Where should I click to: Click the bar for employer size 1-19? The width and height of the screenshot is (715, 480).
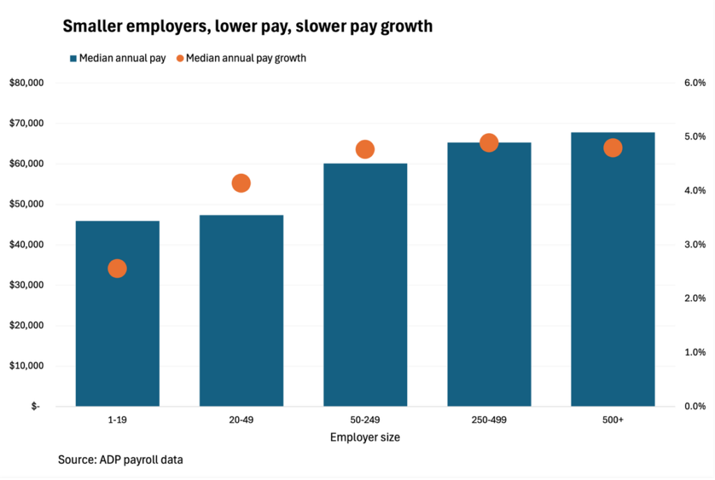[x=117, y=313]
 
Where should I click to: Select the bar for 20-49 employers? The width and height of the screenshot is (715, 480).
[x=241, y=310]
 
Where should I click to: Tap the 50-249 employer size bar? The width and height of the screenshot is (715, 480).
[x=365, y=285]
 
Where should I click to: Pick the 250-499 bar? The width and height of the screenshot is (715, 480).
[x=489, y=274]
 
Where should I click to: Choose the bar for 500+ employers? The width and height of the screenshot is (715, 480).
[x=613, y=269]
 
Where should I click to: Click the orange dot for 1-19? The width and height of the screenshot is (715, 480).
[x=117, y=268]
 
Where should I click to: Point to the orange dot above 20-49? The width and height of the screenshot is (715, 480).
[x=241, y=183]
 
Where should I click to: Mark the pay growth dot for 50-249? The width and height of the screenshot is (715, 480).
[x=364, y=149]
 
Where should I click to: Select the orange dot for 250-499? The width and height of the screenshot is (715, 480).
[x=489, y=143]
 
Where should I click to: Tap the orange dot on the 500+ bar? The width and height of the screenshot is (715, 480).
[x=613, y=147]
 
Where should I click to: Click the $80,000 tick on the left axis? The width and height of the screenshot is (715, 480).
[x=27, y=83]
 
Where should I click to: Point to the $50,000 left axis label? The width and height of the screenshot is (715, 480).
[x=27, y=204]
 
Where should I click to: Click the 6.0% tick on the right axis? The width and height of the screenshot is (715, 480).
[x=695, y=82]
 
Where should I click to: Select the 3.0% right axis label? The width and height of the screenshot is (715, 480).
[x=695, y=245]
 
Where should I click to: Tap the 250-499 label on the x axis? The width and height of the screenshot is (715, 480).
[x=489, y=420]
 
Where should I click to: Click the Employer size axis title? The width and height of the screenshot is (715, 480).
[x=364, y=437]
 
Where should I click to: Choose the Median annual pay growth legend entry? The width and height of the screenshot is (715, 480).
[x=241, y=59]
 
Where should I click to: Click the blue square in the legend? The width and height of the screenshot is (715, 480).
[x=73, y=59]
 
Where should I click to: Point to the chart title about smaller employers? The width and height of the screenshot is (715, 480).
[x=248, y=27]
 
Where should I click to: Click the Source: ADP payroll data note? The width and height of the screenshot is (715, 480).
[x=120, y=460]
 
